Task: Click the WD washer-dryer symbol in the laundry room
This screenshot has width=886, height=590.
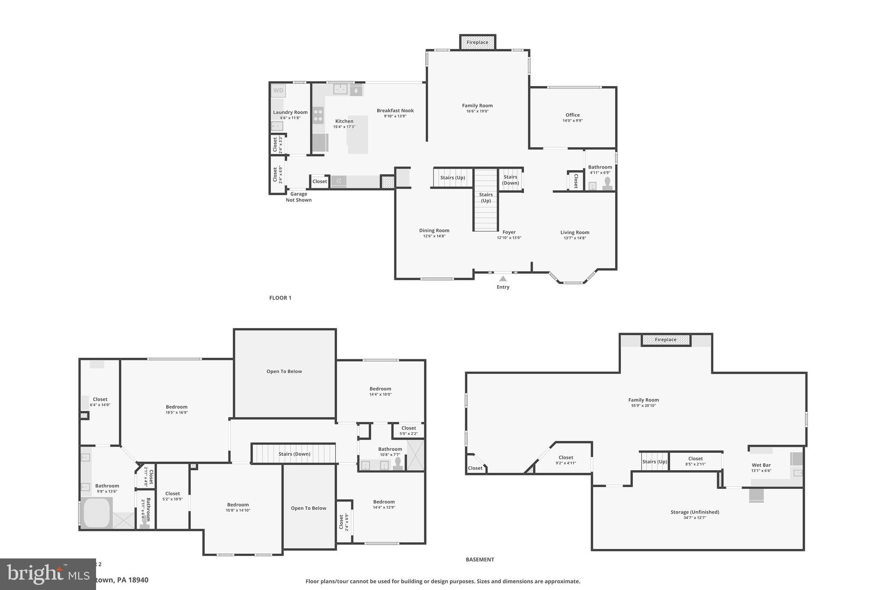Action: [278, 90]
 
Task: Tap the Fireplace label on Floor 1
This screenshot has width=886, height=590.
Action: [477, 42]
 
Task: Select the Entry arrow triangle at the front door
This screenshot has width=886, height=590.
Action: [503, 279]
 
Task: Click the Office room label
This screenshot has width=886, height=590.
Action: [572, 115]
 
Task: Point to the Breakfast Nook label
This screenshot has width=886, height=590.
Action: [395, 111]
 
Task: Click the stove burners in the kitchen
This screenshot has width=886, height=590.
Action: [318, 115]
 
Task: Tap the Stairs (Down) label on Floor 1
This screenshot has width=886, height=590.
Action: [510, 180]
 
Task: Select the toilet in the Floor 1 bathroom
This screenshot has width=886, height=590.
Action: [607, 183]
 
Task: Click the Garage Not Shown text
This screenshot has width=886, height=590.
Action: [299, 197]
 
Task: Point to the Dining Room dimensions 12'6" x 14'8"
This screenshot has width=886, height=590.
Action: [434, 236]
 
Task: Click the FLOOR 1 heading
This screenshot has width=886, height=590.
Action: [280, 298]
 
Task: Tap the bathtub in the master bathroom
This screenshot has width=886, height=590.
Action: [96, 513]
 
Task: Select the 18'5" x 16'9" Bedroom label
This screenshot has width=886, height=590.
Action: [177, 407]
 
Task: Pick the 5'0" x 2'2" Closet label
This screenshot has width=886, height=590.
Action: [408, 428]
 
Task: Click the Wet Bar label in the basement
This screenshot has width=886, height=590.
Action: [761, 466]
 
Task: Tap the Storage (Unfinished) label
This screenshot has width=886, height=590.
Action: [695, 512]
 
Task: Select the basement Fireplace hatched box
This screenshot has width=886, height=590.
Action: [665, 340]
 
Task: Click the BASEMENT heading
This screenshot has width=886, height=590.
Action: [480, 559]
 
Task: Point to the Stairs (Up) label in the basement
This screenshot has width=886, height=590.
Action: [655, 462]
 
